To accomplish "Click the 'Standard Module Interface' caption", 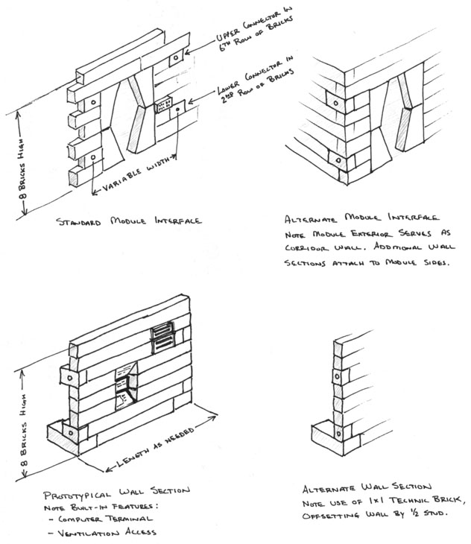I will (x=128, y=221).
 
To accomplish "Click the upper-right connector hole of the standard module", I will (x=174, y=57).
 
